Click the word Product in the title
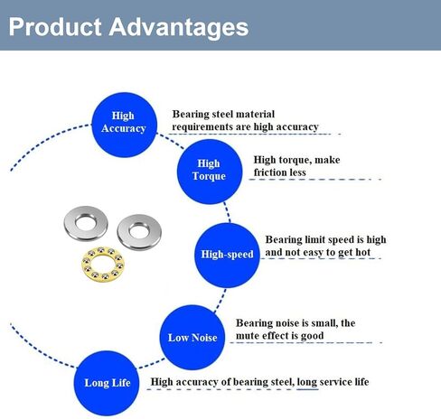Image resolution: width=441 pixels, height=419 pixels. pyautogui.click(x=55, y=27)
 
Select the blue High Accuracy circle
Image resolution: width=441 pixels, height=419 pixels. pyautogui.click(x=124, y=125)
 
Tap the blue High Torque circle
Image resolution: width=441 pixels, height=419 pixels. pyautogui.click(x=210, y=172)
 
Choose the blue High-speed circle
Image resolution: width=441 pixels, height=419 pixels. pyautogui.click(x=227, y=256)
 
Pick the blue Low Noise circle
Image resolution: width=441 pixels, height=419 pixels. pyautogui.click(x=192, y=338)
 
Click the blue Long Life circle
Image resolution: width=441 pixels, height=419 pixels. pyautogui.click(x=107, y=383)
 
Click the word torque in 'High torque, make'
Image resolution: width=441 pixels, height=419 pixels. pyautogui.click(x=295, y=160)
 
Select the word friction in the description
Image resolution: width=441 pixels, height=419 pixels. pyautogui.click(x=269, y=172)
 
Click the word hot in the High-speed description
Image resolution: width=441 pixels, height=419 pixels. pyautogui.click(x=361, y=252)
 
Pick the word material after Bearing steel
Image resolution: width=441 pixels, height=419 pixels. pyautogui.click(x=256, y=114)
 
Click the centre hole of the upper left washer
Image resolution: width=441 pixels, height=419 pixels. pyautogui.click(x=86, y=222)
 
